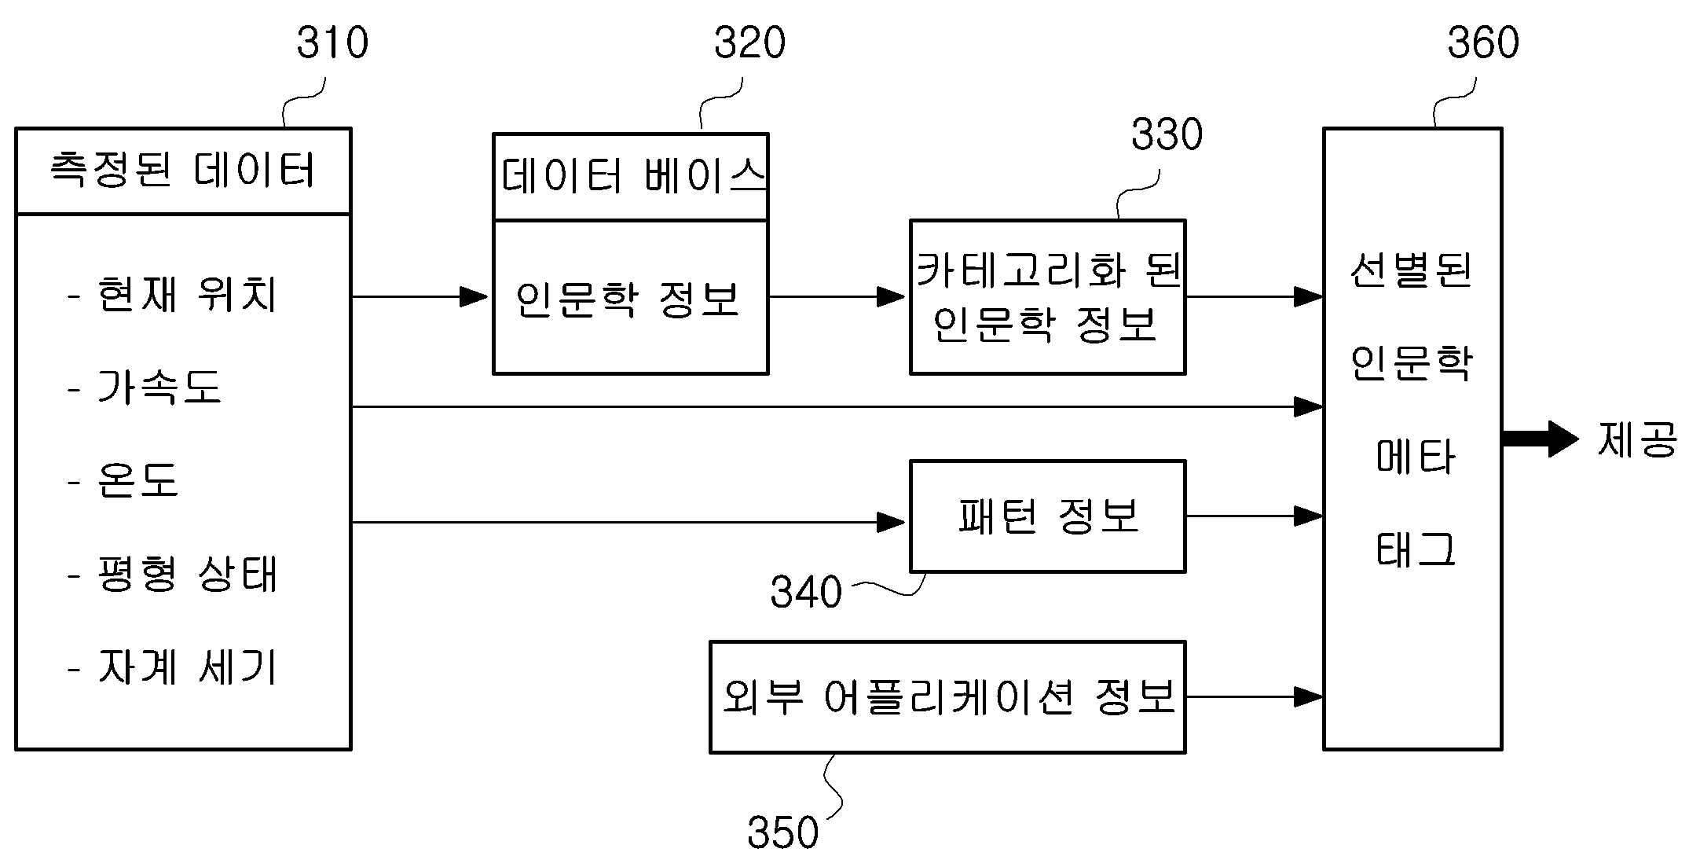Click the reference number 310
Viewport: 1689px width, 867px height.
point(332,42)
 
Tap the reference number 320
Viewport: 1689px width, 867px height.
point(749,42)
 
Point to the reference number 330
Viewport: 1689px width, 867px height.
point(1167,134)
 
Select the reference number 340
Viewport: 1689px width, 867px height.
point(806,592)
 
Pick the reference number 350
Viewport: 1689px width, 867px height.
point(783,832)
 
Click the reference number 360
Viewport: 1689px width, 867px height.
point(1483,42)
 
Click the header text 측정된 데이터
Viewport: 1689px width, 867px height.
point(182,170)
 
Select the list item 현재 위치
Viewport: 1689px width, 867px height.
point(187,296)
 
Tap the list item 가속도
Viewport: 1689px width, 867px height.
point(159,387)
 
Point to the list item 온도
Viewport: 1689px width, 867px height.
point(138,479)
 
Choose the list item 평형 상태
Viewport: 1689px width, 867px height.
point(187,573)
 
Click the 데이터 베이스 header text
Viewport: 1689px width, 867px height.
point(633,175)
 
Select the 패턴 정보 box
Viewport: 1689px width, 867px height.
point(1047,516)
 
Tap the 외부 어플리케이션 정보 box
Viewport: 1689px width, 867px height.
point(947,697)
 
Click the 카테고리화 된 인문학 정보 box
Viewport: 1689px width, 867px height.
point(1047,297)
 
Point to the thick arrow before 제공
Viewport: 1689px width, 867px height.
point(1540,439)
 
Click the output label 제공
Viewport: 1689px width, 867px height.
point(1637,439)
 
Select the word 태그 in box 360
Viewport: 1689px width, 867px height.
point(1416,549)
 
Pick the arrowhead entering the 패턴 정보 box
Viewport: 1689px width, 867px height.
point(892,522)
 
